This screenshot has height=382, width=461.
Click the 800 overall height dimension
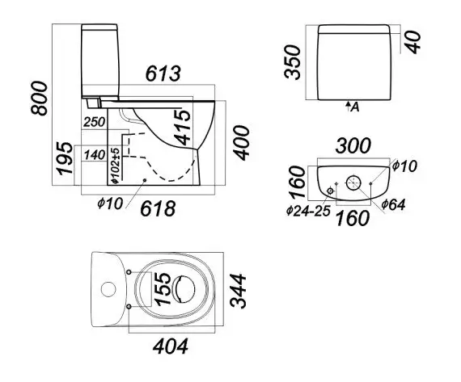[x=39, y=99]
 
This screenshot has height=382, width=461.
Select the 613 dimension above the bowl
[x=163, y=73]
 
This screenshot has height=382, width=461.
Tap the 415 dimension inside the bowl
[x=182, y=128]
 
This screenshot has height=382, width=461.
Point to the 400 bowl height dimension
[x=241, y=143]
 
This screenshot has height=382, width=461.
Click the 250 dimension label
[x=95, y=122]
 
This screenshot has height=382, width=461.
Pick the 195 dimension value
[x=65, y=158]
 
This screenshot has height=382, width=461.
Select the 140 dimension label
[x=95, y=155]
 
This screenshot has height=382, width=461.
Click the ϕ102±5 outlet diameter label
[x=116, y=166]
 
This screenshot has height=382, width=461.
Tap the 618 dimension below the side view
[x=158, y=208]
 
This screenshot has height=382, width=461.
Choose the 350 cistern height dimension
[x=293, y=62]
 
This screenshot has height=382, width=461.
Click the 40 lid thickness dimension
[x=413, y=43]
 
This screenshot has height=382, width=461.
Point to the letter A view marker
[x=355, y=107]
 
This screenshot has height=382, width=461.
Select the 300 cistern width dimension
[x=353, y=145]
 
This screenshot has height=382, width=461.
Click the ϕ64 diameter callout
[x=393, y=204]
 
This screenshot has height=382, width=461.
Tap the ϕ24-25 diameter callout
[x=308, y=211]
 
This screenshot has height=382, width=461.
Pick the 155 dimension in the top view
[x=162, y=289]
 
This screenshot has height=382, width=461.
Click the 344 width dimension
[x=238, y=291]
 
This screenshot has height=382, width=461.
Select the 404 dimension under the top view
[x=171, y=346]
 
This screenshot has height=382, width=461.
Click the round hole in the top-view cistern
[x=108, y=289]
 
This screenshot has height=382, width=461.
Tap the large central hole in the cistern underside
[x=353, y=183]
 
